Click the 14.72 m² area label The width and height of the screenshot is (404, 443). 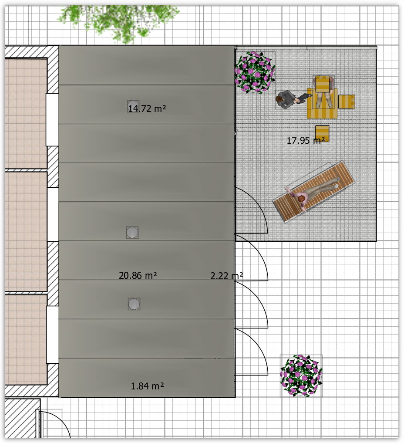[x=147, y=108]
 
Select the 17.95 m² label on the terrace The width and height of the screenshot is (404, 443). [x=306, y=140]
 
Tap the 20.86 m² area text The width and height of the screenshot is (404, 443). [x=138, y=275]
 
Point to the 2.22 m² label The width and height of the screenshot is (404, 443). [x=226, y=276]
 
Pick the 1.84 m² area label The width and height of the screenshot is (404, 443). [x=147, y=386]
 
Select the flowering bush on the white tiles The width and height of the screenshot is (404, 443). [x=301, y=375]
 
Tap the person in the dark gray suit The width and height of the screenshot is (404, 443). [x=291, y=99]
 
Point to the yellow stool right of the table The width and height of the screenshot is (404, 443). [x=347, y=101]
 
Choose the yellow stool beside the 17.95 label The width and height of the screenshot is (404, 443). [x=322, y=132]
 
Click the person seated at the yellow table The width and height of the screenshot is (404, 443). [x=323, y=91]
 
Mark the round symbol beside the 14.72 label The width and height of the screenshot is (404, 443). [x=133, y=107]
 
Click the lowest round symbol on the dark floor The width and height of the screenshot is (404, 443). [x=134, y=304]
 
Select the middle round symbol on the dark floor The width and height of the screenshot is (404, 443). [x=132, y=233]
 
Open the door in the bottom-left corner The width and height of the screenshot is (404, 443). [x=54, y=424]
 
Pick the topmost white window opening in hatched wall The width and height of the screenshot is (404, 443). [x=52, y=120]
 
